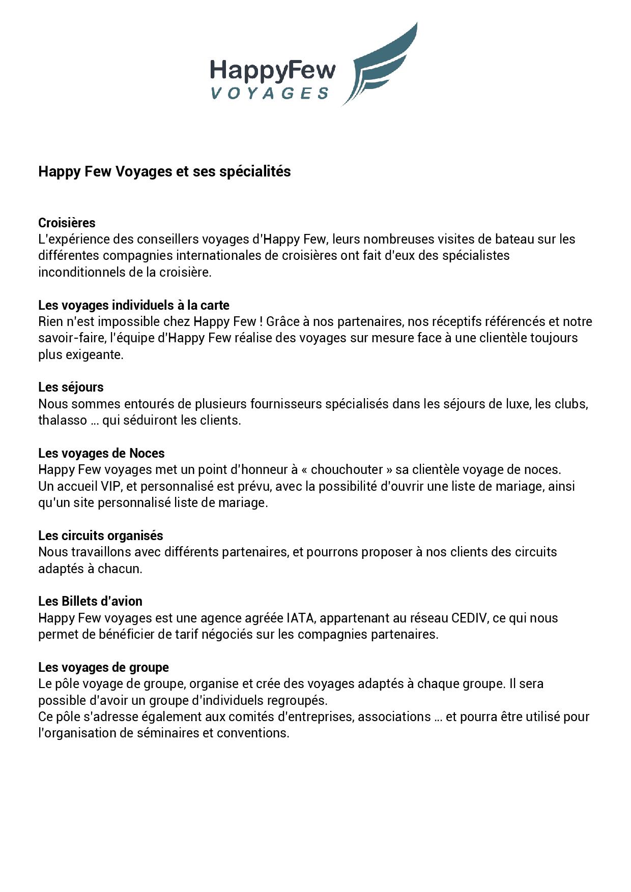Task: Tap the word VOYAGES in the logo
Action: [x=270, y=93]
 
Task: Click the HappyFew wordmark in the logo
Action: [x=273, y=71]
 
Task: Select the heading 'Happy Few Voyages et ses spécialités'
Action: [x=164, y=171]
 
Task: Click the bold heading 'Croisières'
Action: [x=67, y=223]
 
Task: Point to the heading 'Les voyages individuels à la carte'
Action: [x=134, y=305]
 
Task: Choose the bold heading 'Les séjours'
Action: [x=71, y=387]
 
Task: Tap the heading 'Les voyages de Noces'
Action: [x=101, y=453]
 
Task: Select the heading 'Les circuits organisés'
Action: [x=101, y=536]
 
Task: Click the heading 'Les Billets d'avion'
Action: [x=90, y=601]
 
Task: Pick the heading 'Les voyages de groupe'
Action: [x=103, y=667]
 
